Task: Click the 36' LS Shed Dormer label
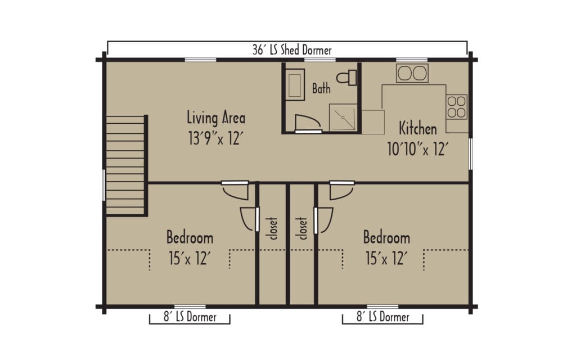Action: coord(292,50)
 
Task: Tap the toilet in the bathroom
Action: coord(349,78)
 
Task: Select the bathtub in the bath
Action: coord(295,84)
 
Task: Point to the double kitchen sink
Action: coord(412,73)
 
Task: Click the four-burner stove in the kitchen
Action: coord(457,107)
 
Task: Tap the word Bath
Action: coord(321,89)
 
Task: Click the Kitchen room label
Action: coord(417,129)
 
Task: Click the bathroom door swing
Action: coord(306,122)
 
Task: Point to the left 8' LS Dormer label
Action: coord(190,317)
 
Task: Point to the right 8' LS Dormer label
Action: coord(383,317)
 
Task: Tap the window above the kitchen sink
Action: coord(411,60)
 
